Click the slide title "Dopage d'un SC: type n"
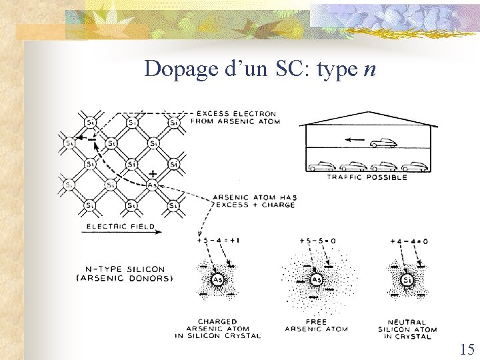coord(260,69)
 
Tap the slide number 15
coord(467,349)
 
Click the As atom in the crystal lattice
coord(152,185)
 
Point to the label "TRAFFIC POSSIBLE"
coord(367,177)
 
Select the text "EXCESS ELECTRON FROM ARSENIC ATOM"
coord(235,118)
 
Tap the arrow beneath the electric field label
coord(121,233)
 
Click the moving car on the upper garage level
coord(381,143)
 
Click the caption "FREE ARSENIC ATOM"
coord(316,325)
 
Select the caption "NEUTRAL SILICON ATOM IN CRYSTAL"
coord(407,329)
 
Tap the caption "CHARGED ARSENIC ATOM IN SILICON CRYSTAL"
coord(217,329)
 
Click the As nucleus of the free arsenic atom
coord(317,281)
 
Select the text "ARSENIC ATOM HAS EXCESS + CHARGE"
coord(253,201)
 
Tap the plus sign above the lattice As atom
coord(153,173)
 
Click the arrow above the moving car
coord(355,141)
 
